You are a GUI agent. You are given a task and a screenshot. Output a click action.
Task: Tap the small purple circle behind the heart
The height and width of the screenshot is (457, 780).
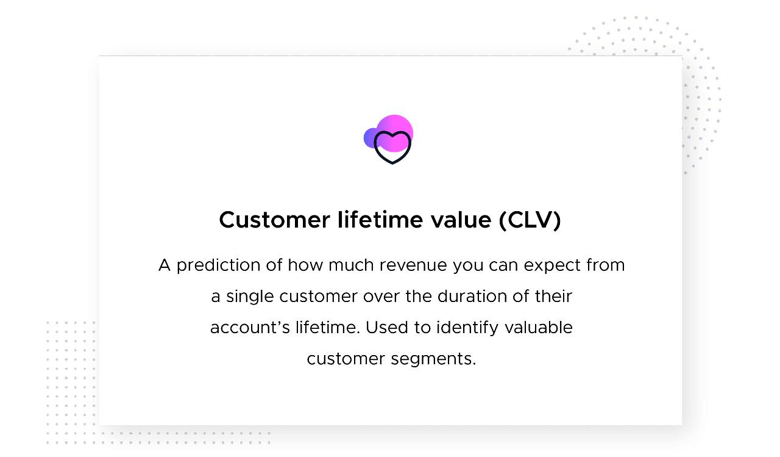(x=369, y=139)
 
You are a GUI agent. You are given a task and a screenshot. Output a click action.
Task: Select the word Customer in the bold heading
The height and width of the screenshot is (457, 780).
(x=274, y=220)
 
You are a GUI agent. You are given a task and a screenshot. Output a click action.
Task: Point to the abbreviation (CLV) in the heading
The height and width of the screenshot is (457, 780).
(x=530, y=220)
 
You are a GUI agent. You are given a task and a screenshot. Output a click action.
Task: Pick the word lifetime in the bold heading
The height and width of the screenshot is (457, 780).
(x=380, y=220)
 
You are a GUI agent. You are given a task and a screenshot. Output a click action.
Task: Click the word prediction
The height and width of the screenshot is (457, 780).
(x=218, y=265)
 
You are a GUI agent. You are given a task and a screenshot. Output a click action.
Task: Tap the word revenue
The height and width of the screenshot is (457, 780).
(x=413, y=265)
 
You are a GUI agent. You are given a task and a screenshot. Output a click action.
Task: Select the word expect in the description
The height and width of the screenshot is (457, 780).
(x=552, y=266)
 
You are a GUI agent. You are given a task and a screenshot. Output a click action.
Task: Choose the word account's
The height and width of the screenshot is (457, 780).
(x=250, y=328)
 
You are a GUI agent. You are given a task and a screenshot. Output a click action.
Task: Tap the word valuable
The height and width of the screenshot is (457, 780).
(x=539, y=327)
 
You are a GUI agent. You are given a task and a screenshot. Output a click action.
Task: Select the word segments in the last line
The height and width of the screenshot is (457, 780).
(x=433, y=359)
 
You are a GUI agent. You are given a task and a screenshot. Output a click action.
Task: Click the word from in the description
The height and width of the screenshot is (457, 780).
(x=606, y=265)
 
